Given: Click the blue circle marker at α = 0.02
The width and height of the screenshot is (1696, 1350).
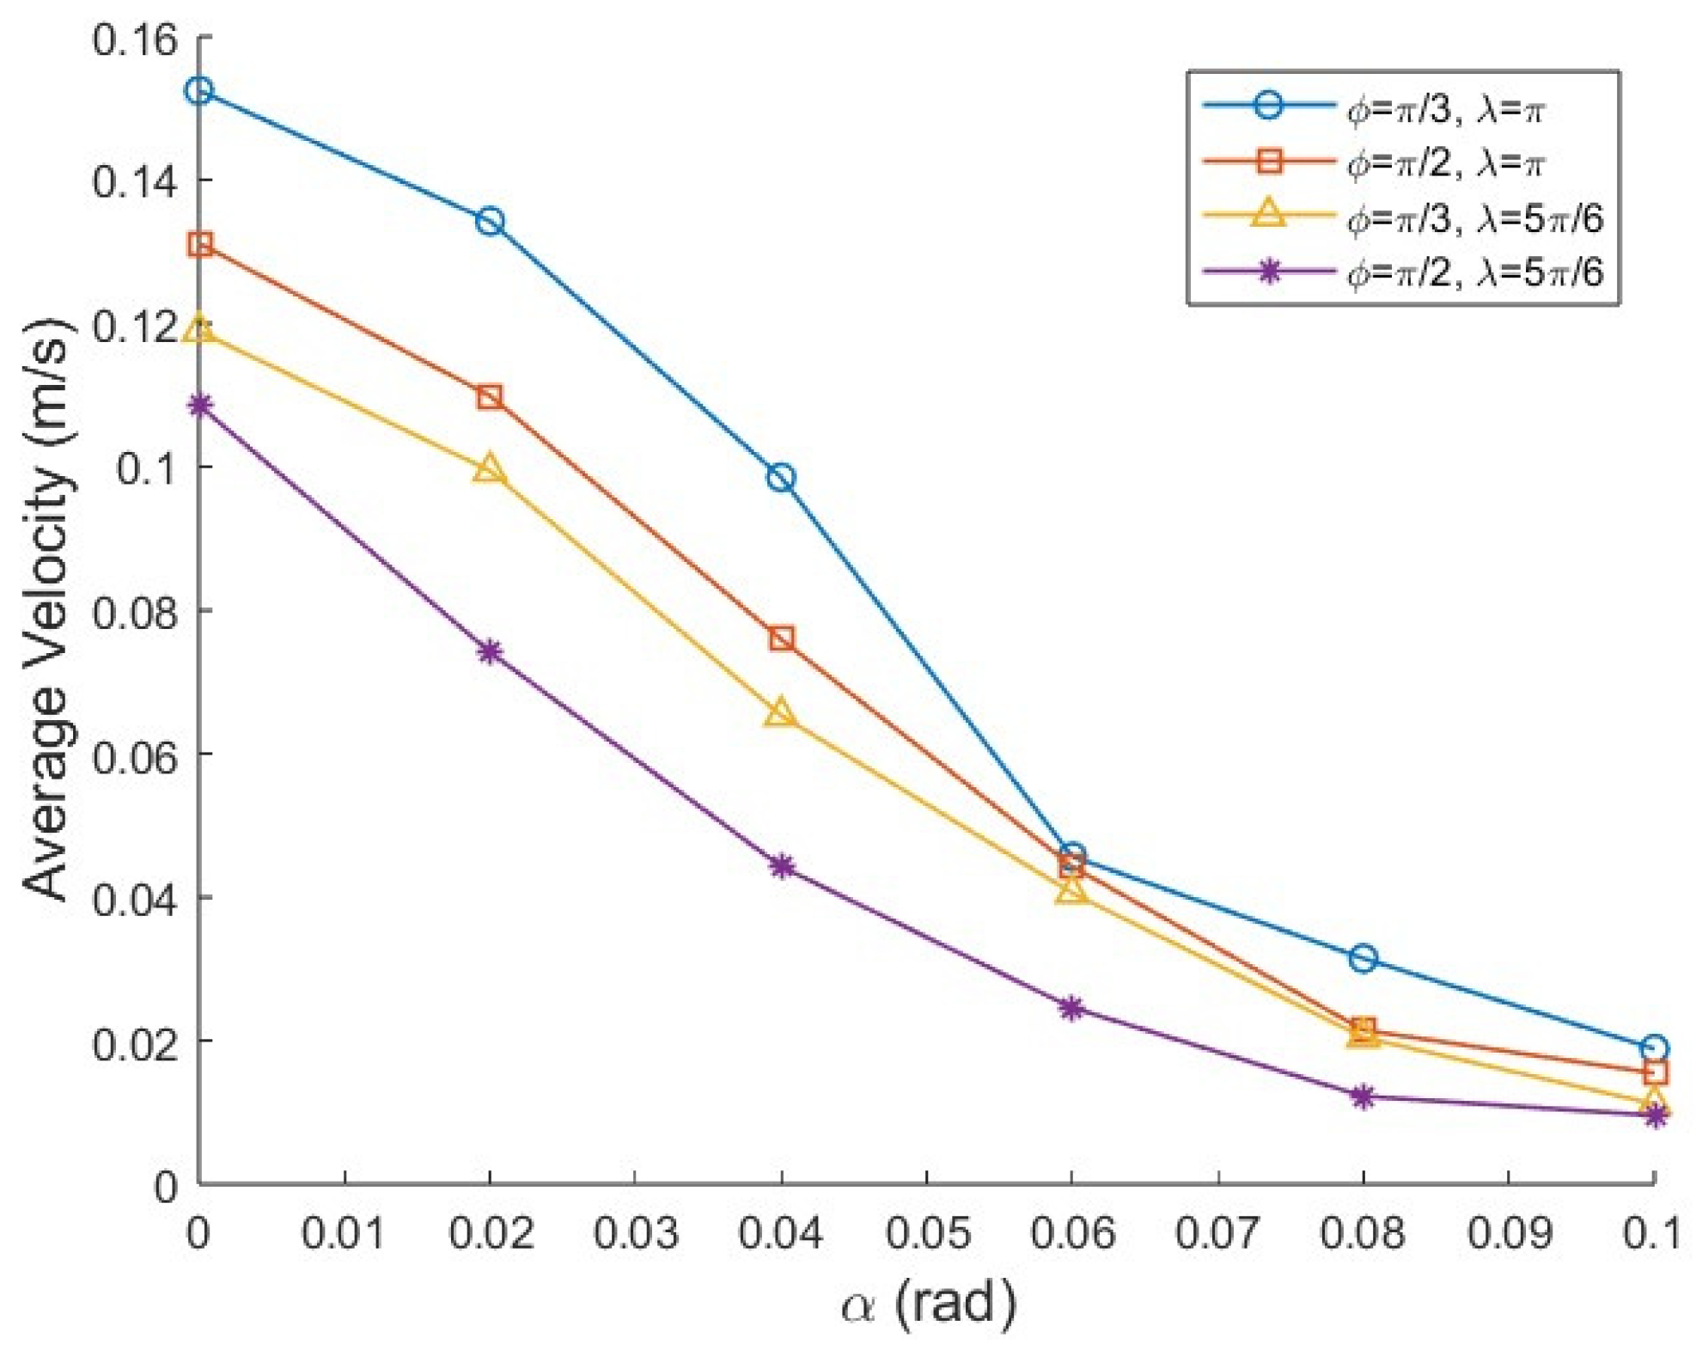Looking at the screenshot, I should click(x=490, y=222).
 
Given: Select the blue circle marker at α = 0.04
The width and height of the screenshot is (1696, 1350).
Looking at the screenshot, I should click(x=781, y=478).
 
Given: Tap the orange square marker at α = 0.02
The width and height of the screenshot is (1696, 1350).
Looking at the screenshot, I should click(x=490, y=397).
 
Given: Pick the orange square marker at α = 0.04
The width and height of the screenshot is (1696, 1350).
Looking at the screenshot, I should click(x=781, y=638).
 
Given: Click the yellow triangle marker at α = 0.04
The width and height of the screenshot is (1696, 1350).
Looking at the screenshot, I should click(x=780, y=712).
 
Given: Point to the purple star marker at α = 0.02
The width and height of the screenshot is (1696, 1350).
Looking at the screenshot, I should click(x=490, y=652).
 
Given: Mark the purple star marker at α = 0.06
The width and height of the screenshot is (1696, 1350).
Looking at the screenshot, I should click(x=1071, y=1008).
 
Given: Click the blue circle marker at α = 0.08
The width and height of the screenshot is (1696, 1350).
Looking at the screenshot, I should click(x=1363, y=958).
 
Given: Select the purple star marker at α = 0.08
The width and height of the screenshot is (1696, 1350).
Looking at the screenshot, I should click(x=1363, y=1096).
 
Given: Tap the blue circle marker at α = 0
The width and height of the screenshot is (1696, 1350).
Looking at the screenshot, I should click(x=199, y=90).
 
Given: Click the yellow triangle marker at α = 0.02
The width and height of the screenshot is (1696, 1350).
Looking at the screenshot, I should click(x=490, y=469).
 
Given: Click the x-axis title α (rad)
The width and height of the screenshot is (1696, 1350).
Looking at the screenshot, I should click(x=928, y=1304).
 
